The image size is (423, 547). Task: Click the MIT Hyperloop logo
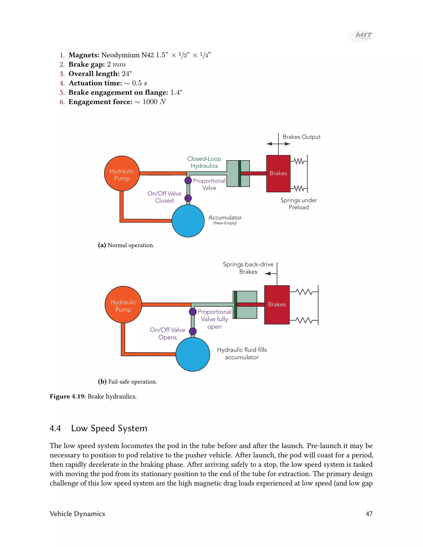pos(360,36)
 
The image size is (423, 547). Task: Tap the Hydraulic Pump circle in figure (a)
pos(122,173)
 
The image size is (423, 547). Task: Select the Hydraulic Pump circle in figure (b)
pos(123,304)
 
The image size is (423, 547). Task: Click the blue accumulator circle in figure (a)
pos(188,221)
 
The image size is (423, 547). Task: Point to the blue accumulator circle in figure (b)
pos(193,354)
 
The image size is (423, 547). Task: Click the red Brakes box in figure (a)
pos(278,174)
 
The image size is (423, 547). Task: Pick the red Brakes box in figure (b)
pos(277,304)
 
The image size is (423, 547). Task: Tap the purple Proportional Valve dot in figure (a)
pos(188,180)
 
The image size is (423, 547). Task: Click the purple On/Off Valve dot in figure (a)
pos(188,198)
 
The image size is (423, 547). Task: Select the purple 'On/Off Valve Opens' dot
pos(193,331)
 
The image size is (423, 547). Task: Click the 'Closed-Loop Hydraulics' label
pos(204,162)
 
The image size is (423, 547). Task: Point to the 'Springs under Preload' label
pos(299,204)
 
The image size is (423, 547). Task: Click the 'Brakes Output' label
pos(302,137)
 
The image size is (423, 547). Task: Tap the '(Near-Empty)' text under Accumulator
pos(225,223)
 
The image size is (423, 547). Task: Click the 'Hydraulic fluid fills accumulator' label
pos(242,353)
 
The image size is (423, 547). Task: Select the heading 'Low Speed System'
pos(109,428)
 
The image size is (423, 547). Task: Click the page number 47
pos(369,514)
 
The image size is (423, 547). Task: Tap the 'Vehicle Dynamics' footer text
pos(77,514)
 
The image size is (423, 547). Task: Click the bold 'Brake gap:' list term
pos(87,64)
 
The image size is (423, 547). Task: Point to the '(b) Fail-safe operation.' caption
pos(127,382)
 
